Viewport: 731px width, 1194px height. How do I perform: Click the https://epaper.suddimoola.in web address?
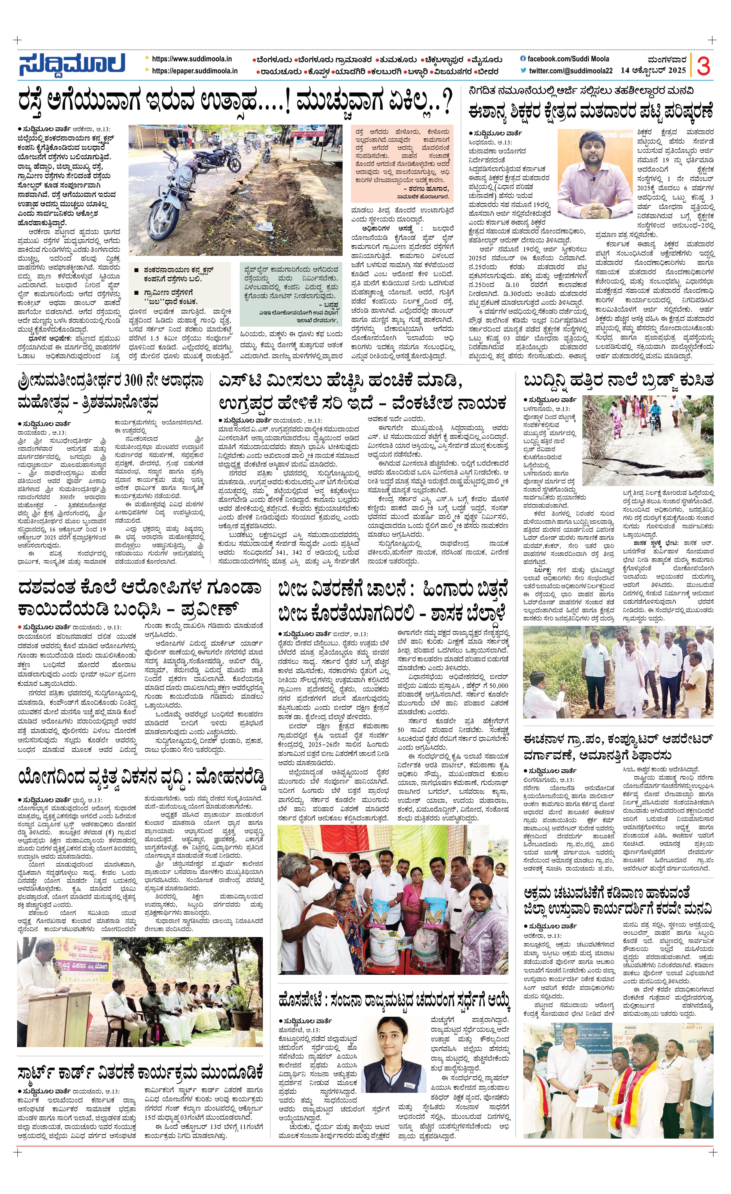194,71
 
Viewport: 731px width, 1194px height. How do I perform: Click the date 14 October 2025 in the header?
653,71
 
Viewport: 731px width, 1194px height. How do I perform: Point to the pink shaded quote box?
402,165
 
